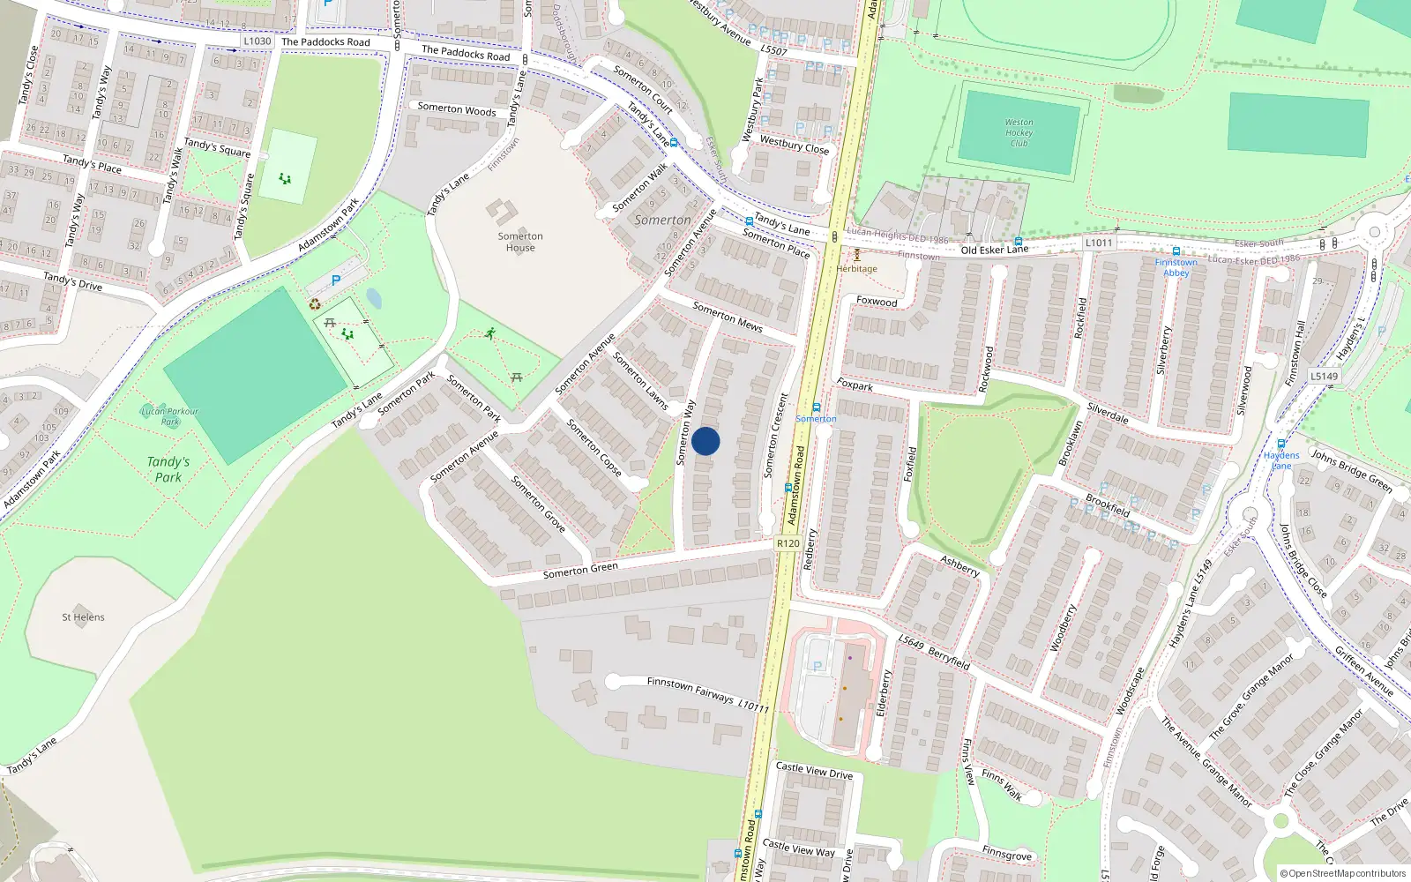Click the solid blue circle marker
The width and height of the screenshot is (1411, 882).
(x=705, y=441)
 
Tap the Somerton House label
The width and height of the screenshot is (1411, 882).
(x=520, y=242)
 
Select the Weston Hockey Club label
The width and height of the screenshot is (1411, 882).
(x=1019, y=132)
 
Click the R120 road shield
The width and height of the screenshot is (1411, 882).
(x=788, y=543)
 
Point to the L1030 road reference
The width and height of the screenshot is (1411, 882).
(x=257, y=41)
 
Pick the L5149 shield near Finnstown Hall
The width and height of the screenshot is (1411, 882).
(x=1324, y=376)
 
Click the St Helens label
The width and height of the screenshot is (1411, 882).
(x=83, y=617)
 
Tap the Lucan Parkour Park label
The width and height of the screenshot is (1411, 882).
(x=169, y=416)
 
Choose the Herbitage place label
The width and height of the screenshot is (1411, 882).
(x=856, y=268)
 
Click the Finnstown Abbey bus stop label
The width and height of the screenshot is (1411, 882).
(x=1176, y=267)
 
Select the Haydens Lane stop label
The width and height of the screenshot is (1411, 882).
(x=1281, y=460)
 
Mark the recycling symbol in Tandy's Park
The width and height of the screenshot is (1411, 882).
(x=315, y=304)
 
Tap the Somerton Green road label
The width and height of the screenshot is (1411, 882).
(x=580, y=570)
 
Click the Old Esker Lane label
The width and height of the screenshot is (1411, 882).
(x=994, y=250)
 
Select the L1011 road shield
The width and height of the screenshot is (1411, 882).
(x=1099, y=243)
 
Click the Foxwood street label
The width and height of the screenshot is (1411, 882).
(x=877, y=302)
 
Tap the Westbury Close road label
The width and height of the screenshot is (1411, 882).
(x=795, y=145)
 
